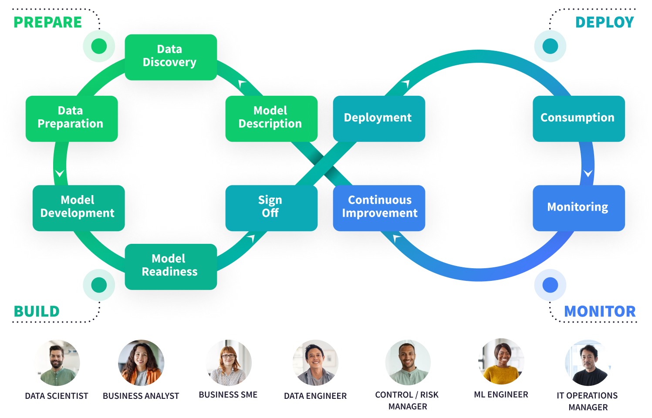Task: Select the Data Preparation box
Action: (71, 118)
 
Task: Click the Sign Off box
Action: (271, 208)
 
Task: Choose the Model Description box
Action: (271, 118)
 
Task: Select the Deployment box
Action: (378, 118)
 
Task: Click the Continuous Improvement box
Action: (378, 208)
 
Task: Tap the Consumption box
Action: (578, 118)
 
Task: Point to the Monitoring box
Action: (578, 208)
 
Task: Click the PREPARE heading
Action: (47, 23)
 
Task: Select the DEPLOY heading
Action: (605, 23)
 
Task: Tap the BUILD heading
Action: (37, 312)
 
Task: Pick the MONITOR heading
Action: (600, 312)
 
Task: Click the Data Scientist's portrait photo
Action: (57, 362)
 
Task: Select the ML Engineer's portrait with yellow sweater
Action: (501, 361)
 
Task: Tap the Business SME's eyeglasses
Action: (228, 356)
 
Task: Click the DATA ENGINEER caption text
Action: (315, 396)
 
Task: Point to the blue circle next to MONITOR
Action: (550, 285)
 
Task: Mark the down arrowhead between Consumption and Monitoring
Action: (588, 173)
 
